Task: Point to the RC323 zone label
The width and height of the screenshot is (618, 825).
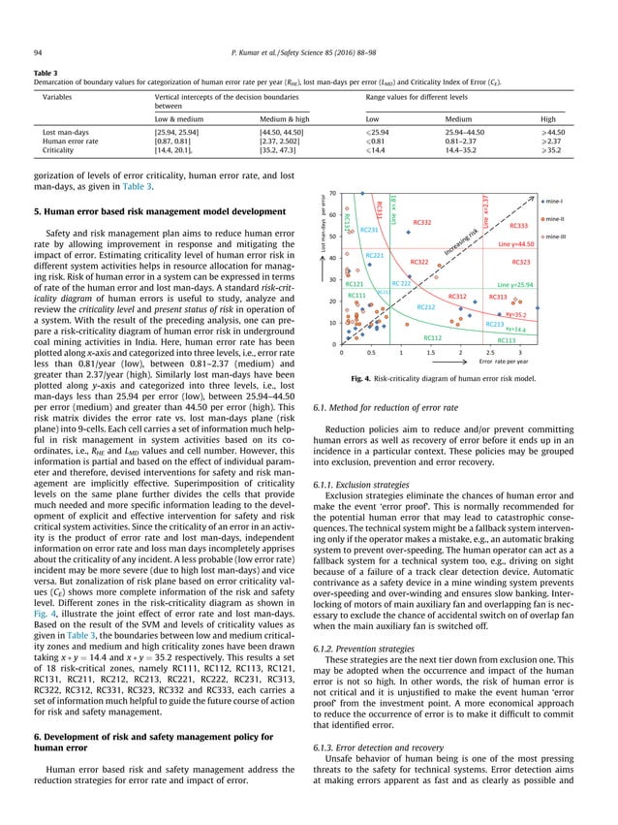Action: (x=519, y=262)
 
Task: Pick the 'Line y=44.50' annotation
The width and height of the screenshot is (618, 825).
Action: (x=516, y=245)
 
